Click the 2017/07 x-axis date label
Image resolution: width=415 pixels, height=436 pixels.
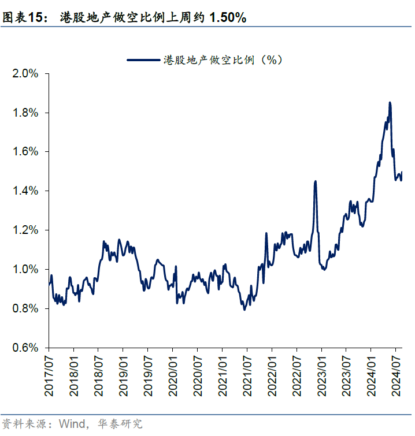[x=49, y=376]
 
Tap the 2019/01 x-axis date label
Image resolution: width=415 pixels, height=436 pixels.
[x=123, y=376]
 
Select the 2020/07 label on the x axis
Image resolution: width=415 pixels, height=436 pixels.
[x=198, y=376]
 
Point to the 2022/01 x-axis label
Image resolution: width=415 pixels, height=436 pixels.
[x=272, y=376]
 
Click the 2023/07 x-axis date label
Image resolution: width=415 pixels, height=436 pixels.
[x=346, y=376]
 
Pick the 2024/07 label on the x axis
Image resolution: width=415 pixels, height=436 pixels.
[x=396, y=376]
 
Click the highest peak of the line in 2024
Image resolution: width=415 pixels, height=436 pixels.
[x=390, y=103]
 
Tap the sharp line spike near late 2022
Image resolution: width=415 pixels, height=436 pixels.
[x=316, y=181]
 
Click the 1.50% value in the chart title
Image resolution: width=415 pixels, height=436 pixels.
[x=228, y=18]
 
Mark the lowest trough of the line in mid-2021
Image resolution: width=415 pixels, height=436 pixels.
[x=244, y=310]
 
